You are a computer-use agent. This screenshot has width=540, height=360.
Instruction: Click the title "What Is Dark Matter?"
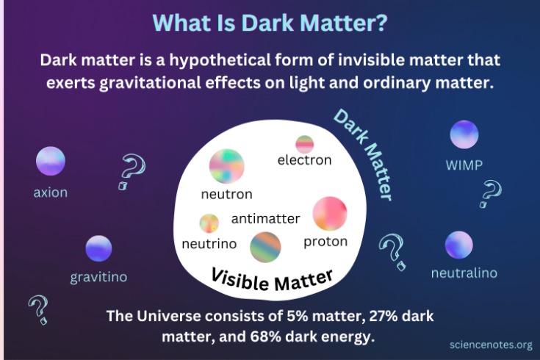(x=270, y=22)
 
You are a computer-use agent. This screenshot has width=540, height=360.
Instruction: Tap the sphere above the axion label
(x=51, y=161)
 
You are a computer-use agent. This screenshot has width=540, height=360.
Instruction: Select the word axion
(x=51, y=192)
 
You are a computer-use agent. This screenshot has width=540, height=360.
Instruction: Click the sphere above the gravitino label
(x=98, y=249)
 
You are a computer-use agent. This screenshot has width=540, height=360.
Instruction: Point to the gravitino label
(x=99, y=278)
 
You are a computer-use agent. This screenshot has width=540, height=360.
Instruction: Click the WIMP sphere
(x=464, y=134)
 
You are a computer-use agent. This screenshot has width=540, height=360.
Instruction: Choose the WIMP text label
(x=464, y=165)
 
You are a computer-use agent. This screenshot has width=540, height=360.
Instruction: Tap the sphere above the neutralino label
(x=458, y=245)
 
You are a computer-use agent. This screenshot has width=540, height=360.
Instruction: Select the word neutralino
(x=464, y=273)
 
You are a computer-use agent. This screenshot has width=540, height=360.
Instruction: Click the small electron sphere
(x=305, y=144)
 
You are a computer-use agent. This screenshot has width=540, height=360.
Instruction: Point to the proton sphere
(x=329, y=213)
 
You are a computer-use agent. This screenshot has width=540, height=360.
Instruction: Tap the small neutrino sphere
(x=209, y=223)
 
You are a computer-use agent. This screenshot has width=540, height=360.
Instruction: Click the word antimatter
(x=265, y=218)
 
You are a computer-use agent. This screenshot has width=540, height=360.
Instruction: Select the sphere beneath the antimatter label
(x=265, y=247)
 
